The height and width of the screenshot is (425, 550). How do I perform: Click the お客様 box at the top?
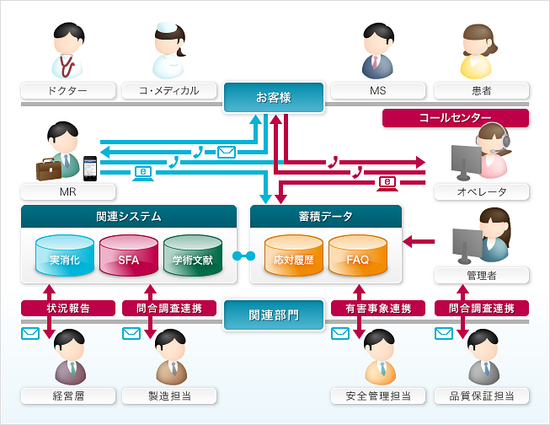click(x=274, y=97)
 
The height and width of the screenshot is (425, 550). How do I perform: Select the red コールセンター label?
click(x=455, y=117)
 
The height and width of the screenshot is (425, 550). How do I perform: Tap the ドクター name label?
click(x=67, y=90)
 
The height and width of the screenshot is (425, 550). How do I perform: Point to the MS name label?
click(x=377, y=90)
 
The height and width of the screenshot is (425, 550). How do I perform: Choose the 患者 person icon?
click(x=482, y=51)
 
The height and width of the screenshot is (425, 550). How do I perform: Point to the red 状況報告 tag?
click(x=56, y=309)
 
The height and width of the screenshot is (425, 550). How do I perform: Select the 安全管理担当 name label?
click(x=377, y=395)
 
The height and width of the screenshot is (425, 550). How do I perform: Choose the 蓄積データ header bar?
click(x=326, y=216)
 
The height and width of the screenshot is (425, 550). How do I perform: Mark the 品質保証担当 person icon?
click(x=482, y=357)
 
